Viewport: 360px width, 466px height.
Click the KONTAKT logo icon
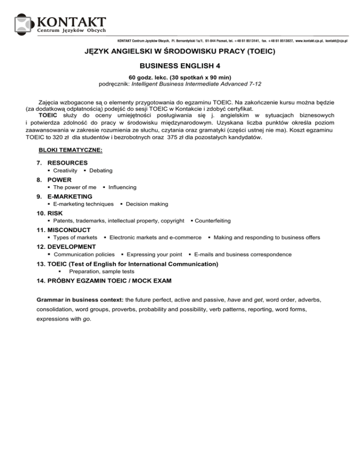(24, 25)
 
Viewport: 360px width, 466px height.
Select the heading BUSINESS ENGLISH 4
(180, 67)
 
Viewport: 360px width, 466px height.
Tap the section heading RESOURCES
(67, 163)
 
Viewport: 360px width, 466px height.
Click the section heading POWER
(60, 180)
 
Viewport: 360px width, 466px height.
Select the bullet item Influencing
(122, 188)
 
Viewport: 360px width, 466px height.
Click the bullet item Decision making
(147, 204)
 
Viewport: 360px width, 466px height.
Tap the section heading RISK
(56, 213)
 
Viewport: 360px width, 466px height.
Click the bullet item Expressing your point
(154, 255)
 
